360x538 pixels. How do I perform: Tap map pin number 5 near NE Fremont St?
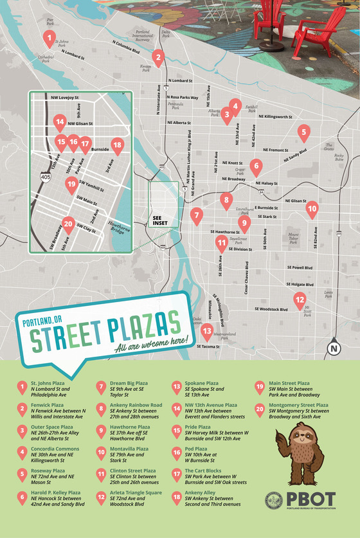tap(303, 133)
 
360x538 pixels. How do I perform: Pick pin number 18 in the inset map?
tap(117, 145)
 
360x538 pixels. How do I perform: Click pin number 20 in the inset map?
tap(69, 226)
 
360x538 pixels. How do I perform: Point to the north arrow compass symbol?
tap(333, 347)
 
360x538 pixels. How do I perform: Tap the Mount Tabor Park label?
tap(293, 238)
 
